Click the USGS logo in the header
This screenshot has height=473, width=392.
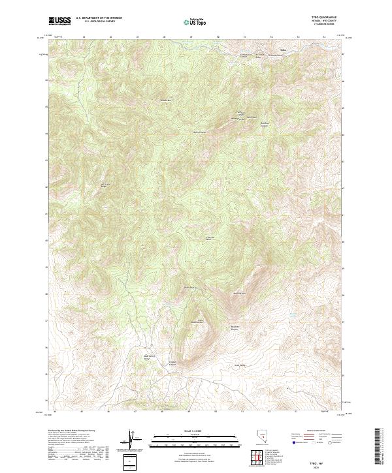59,21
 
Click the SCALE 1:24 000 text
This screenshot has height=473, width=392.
195,429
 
